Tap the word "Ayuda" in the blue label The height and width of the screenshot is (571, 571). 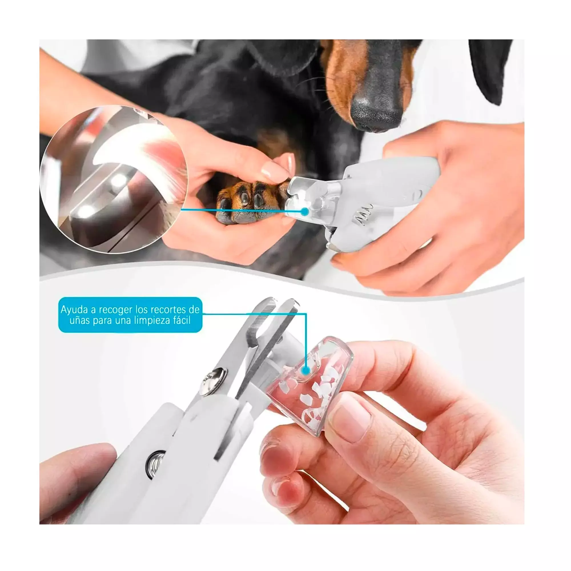[74, 310]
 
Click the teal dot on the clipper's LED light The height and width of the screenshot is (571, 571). [305, 212]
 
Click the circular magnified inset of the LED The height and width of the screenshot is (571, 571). [114, 179]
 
